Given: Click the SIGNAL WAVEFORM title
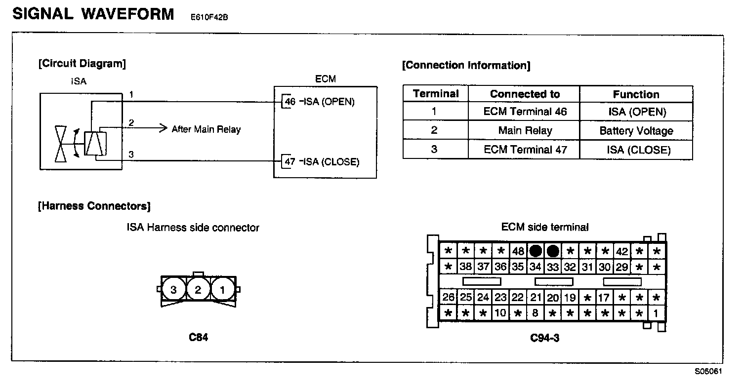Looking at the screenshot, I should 93,14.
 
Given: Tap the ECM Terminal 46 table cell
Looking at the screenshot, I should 525,112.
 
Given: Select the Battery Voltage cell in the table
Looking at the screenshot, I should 636,131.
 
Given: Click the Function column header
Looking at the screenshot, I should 636,94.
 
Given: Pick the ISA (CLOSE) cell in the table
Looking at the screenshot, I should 636,150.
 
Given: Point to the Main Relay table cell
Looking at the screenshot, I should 525,131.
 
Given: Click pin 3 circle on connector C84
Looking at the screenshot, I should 173,290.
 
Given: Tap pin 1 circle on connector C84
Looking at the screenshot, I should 222,290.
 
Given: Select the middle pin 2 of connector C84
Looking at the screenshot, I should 198,290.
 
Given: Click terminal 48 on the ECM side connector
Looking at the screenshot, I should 518,251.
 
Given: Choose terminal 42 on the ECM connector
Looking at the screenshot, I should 621,251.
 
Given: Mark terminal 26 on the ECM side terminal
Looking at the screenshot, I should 448,298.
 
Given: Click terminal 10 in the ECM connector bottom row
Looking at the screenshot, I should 500,313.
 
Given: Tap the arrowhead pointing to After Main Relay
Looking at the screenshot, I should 164,129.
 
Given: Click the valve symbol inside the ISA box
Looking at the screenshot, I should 60,144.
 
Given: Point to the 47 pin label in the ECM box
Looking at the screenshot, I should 290,162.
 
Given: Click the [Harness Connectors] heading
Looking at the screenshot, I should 94,206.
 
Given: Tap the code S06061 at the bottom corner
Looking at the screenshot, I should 708,371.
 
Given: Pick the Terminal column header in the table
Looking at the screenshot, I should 436,94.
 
